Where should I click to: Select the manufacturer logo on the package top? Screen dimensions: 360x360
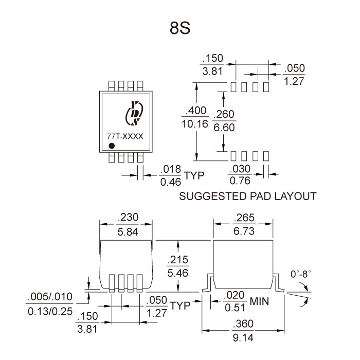tap(136, 113)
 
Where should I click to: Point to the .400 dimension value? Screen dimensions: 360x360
tap(197, 111)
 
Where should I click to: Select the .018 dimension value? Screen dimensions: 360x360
tap(169, 170)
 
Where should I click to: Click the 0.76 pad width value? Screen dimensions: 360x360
tap(240, 181)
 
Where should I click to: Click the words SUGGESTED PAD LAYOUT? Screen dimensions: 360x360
tap(247, 196)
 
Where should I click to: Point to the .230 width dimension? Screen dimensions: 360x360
tap(126, 218)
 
